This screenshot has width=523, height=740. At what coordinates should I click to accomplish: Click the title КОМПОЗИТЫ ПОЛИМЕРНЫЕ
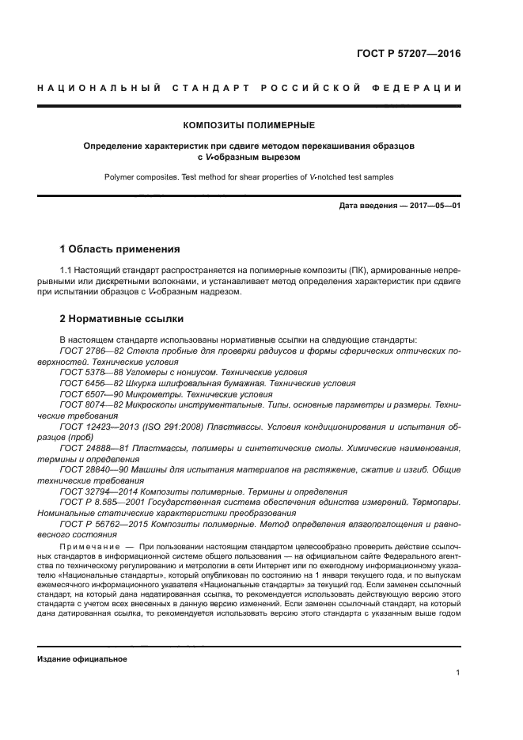[249, 125]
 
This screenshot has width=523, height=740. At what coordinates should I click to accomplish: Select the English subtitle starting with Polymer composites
[249, 176]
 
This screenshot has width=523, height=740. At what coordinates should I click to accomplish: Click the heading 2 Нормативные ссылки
[123, 320]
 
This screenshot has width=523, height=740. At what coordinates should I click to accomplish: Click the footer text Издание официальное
[82, 658]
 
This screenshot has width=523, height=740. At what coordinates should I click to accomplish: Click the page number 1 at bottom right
[458, 673]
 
